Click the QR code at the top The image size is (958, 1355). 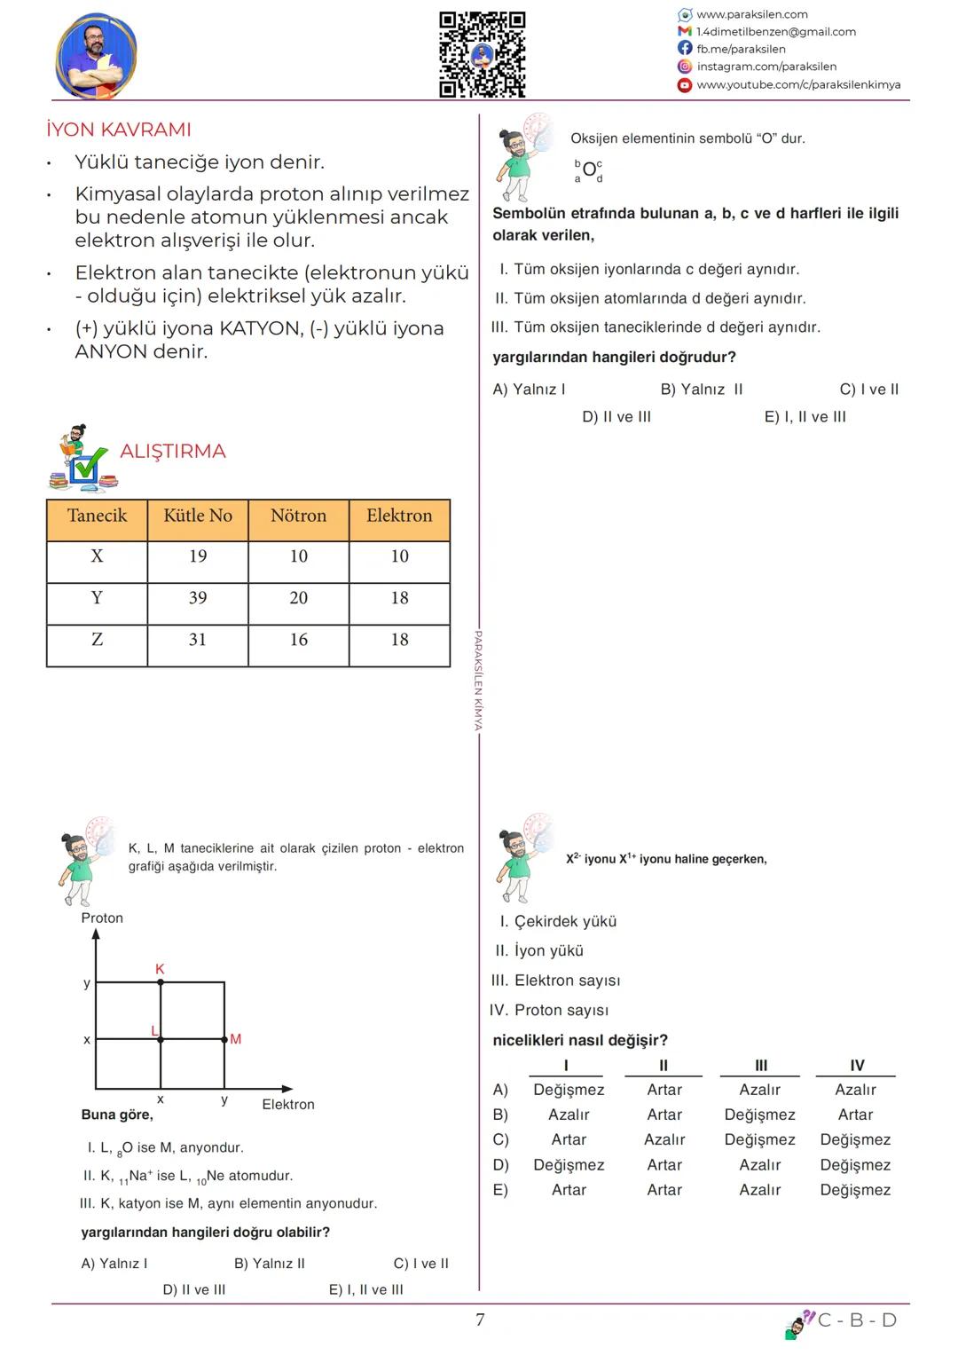[483, 54]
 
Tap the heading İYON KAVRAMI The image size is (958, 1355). [119, 130]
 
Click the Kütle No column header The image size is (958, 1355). [198, 516]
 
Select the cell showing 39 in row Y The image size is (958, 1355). [198, 598]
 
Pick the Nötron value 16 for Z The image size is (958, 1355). [299, 640]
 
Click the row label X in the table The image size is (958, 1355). [97, 556]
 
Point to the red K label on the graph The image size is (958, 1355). [160, 969]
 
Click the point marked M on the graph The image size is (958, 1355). [224, 1039]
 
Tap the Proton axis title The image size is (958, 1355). [102, 918]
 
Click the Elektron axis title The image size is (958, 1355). [288, 1105]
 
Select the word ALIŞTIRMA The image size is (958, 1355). [173, 452]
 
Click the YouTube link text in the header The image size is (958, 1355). [798, 85]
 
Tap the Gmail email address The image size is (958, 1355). [776, 32]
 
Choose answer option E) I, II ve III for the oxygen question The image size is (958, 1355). [805, 417]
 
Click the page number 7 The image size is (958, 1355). [480, 1320]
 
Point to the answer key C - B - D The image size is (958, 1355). [857, 1320]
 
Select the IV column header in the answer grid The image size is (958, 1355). [857, 1066]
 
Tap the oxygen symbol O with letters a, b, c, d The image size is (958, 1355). [589, 170]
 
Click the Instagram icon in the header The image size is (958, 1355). [685, 67]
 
